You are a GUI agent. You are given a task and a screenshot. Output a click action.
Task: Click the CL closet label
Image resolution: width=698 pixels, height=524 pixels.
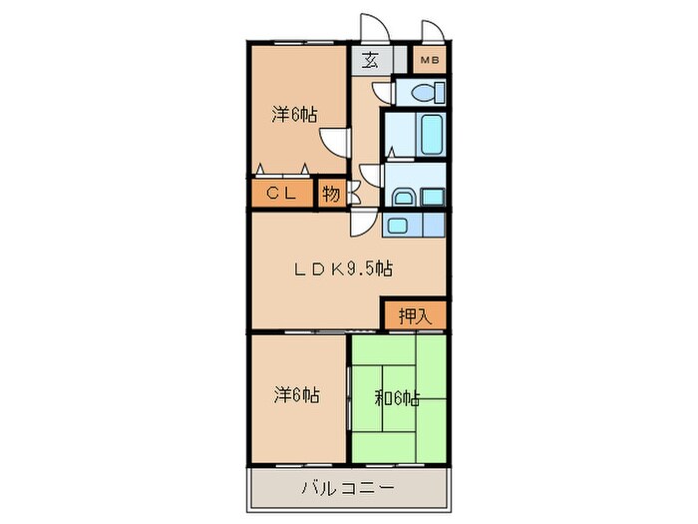pos(279,194)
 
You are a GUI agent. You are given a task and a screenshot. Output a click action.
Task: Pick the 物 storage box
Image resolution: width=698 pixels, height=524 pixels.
pos(331,194)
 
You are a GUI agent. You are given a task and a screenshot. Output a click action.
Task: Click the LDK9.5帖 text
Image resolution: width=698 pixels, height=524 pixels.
pos(341,268)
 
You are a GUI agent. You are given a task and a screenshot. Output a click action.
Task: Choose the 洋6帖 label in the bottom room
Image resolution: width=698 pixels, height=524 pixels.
pos(295,395)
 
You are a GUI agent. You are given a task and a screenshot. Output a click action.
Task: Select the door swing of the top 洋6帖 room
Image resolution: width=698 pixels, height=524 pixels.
pos(339,143)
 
